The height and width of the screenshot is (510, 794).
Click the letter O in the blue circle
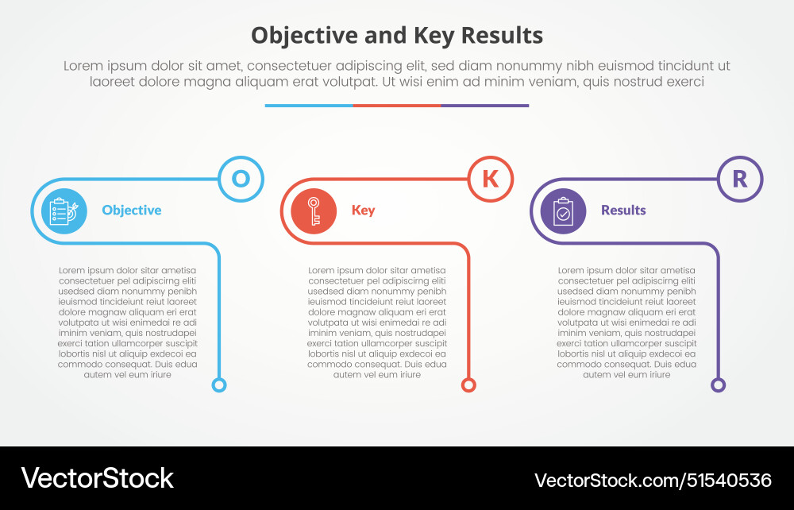241,179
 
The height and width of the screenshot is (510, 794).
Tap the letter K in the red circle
491,179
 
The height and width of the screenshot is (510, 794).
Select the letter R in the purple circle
739,179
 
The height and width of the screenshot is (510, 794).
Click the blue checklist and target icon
60,211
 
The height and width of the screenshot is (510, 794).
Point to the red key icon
314,211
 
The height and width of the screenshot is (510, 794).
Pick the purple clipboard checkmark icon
563,211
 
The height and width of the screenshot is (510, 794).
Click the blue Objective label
132,211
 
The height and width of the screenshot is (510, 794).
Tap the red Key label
363,211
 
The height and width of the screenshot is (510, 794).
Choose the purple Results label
623,211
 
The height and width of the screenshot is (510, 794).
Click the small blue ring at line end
219,385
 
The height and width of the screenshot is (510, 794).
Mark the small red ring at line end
468,385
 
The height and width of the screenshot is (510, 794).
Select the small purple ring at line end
718,385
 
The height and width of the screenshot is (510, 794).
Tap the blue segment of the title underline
309,105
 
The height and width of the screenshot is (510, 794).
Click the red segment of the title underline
397,105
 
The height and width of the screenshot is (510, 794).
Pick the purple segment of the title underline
485,105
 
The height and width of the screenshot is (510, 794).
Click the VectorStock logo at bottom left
97,478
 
